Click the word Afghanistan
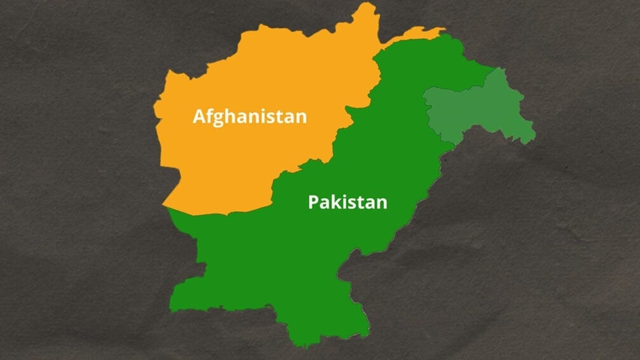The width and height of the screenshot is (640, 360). tap(250, 117)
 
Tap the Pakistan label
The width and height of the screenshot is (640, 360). tap(348, 202)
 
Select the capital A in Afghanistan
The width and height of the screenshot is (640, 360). tap(198, 117)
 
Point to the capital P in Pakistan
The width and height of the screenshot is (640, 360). tap(313, 202)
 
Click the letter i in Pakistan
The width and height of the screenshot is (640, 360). tap(342, 201)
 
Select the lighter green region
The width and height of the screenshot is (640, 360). tap(478, 108)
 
